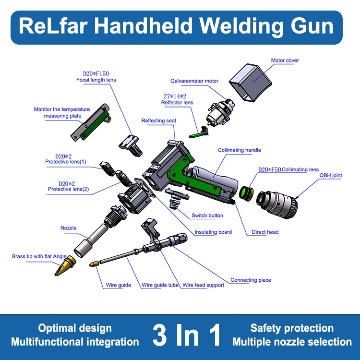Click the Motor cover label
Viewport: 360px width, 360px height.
tap(285, 60)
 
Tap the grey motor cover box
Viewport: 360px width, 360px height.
tap(251, 82)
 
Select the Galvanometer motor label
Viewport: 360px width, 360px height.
tap(194, 81)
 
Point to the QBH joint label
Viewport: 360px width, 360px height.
tap(331, 175)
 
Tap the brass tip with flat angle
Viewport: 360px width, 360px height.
tap(65, 265)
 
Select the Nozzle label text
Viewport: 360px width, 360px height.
tap(69, 228)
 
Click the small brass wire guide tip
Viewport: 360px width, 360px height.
tap(95, 264)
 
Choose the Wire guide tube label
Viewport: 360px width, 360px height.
tap(160, 285)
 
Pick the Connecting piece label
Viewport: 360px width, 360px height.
tap(251, 280)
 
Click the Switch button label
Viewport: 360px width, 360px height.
tap(207, 216)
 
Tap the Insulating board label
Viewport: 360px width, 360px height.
tap(213, 232)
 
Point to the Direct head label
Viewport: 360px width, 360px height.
tap(265, 232)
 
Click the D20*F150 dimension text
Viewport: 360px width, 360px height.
tap(96, 74)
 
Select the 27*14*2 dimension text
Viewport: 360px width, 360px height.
tap(175, 96)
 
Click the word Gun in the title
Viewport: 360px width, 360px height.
tap(312, 26)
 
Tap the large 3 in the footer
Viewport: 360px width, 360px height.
tap(160, 335)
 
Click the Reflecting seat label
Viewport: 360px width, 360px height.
tap(159, 121)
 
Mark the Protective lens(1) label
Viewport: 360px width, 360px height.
tap(66, 162)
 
